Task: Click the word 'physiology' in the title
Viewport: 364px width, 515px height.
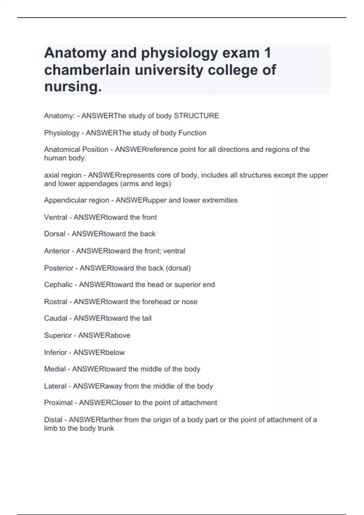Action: (x=180, y=53)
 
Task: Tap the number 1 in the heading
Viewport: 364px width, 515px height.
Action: (x=267, y=53)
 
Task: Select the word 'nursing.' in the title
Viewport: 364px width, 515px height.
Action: (x=73, y=87)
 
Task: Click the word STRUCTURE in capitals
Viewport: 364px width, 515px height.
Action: (x=196, y=116)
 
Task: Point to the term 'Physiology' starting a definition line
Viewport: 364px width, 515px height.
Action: (x=62, y=133)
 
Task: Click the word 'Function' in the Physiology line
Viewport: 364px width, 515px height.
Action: (x=192, y=133)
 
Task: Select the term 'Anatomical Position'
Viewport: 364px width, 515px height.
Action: (x=76, y=149)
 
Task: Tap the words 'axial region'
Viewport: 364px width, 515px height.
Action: (x=63, y=175)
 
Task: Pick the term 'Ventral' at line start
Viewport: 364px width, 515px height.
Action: (x=56, y=217)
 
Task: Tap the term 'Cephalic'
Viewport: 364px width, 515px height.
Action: (x=58, y=284)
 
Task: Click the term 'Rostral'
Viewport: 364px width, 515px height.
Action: (x=56, y=301)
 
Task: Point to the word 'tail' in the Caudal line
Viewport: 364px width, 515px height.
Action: (x=147, y=318)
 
